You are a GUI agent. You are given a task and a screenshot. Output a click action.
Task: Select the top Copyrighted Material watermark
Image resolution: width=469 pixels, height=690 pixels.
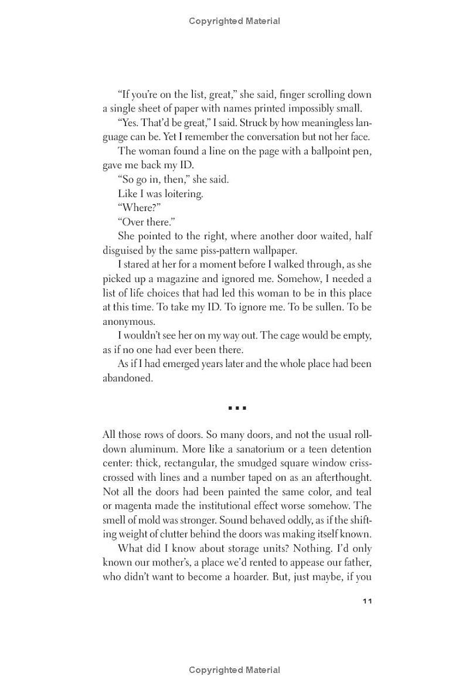(x=235, y=21)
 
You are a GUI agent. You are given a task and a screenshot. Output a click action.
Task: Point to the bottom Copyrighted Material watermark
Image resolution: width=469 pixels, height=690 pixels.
(x=235, y=670)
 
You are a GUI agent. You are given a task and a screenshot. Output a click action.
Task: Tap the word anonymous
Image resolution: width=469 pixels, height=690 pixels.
(x=129, y=322)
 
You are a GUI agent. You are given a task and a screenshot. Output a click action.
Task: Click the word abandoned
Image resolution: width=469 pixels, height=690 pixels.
(x=127, y=378)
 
